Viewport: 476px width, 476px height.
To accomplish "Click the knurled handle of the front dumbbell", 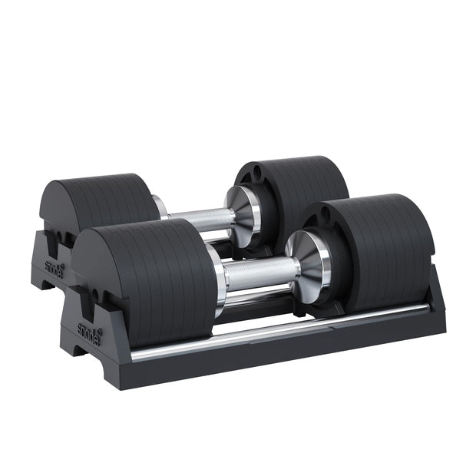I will coord(257,273).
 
